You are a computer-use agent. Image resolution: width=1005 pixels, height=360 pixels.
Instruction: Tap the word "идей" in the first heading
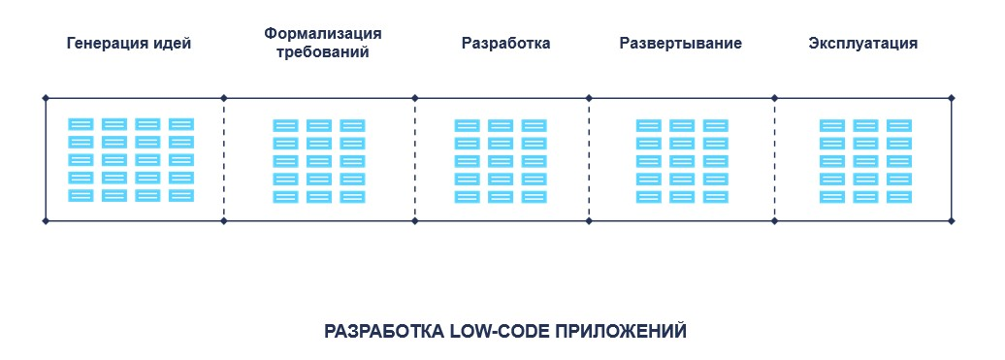174,44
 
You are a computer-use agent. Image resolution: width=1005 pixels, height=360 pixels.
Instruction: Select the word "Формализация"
322,34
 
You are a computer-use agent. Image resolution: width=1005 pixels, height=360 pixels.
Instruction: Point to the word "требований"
322,53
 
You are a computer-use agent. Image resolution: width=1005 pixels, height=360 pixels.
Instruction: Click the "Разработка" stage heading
505,44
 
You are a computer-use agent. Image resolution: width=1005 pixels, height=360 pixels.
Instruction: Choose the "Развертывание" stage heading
680,44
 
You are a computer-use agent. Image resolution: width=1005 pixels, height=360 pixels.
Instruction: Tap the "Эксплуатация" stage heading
862,44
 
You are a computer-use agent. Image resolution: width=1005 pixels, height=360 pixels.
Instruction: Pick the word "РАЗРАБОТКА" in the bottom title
384,331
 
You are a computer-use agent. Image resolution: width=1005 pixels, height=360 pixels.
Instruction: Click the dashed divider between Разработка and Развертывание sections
589,160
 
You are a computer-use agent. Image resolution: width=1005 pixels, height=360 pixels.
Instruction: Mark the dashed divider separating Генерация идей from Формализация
224,160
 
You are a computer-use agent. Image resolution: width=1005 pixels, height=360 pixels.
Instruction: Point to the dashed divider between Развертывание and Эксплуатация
774,160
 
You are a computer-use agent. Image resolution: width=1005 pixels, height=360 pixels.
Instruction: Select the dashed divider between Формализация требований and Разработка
415,160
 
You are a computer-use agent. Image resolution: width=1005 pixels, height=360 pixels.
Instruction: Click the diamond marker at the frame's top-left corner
46,98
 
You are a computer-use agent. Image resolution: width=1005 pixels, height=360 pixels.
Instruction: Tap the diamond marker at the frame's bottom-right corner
952,221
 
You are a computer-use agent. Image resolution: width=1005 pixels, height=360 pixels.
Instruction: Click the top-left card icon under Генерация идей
81,124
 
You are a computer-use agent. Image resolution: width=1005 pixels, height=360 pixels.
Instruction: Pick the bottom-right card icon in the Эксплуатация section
898,197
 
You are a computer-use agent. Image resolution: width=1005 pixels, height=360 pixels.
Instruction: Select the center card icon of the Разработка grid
501,161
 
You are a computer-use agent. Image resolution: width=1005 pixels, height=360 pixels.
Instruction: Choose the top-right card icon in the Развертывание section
715,125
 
